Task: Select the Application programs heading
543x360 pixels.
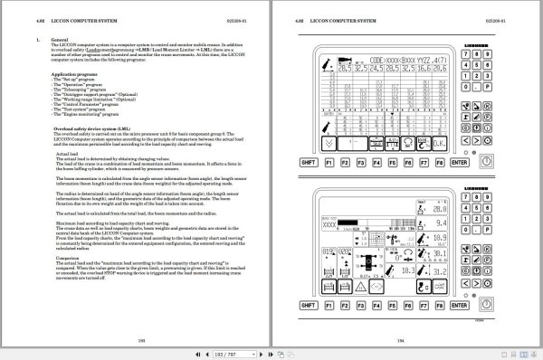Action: [74, 73]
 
